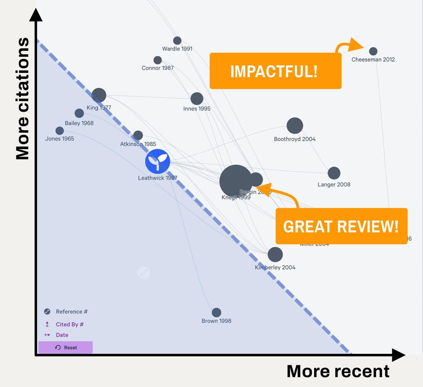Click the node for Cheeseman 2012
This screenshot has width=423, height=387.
(373, 51)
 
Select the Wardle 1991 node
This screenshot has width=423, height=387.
(177, 40)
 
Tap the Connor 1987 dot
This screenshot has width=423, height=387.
(158, 60)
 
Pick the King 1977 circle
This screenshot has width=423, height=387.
(99, 95)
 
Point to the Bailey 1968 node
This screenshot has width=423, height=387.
(79, 113)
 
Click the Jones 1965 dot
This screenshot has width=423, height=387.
(60, 131)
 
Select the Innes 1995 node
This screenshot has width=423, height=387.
(197, 99)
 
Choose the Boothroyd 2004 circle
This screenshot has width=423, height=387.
(294, 126)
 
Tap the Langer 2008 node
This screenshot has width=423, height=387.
(334, 173)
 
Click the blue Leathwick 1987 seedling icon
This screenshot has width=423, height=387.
(158, 162)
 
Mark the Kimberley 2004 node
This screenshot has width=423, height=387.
(275, 255)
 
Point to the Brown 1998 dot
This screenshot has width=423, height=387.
(216, 313)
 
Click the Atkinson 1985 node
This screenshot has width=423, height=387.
(138, 135)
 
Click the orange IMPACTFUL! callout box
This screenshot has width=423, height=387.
(275, 71)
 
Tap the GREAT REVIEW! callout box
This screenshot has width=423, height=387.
(341, 226)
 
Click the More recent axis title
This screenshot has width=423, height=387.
(338, 371)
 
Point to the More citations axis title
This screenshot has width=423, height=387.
(23, 98)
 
